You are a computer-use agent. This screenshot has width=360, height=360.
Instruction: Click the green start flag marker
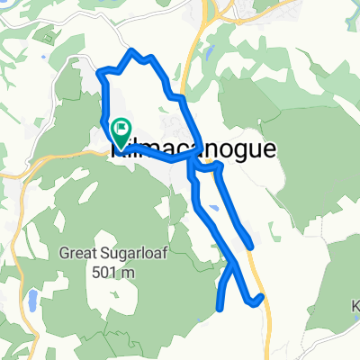pos(120,132)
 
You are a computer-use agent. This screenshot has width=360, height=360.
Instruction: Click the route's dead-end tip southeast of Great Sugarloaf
pos(220,309)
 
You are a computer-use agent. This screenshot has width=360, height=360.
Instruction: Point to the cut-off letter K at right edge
pos(355,305)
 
